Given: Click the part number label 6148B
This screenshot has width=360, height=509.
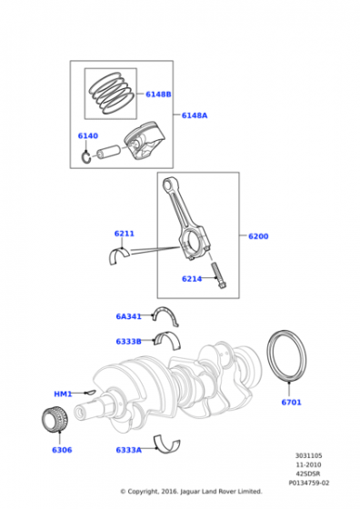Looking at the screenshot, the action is point(158,95).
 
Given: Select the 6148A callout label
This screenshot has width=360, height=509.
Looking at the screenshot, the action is point(195,115).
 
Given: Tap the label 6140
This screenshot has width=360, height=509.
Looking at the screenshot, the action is point(87,135).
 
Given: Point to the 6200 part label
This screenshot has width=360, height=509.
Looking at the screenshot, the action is point(258,236).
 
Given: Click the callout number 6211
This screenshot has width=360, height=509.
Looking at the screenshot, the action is point(124,234).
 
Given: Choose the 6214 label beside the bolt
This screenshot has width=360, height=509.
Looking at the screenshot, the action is point(192,279).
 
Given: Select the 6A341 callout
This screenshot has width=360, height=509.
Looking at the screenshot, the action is point(128,316).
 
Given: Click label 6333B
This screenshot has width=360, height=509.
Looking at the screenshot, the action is point(128,342).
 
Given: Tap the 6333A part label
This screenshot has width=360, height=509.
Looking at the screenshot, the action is point(128,450).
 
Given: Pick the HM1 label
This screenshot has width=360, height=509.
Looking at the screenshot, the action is point(63,394).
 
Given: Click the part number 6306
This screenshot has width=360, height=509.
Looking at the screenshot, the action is point(62,450).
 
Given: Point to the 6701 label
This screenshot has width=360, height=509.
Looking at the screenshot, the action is point(291,402).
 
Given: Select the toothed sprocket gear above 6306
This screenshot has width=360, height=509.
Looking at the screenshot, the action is point(55,419).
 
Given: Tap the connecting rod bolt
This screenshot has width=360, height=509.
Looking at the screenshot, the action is point(219,275).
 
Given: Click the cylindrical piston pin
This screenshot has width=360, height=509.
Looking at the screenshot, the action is point(109,151).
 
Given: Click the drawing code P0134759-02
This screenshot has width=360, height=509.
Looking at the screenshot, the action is point(309,483).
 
